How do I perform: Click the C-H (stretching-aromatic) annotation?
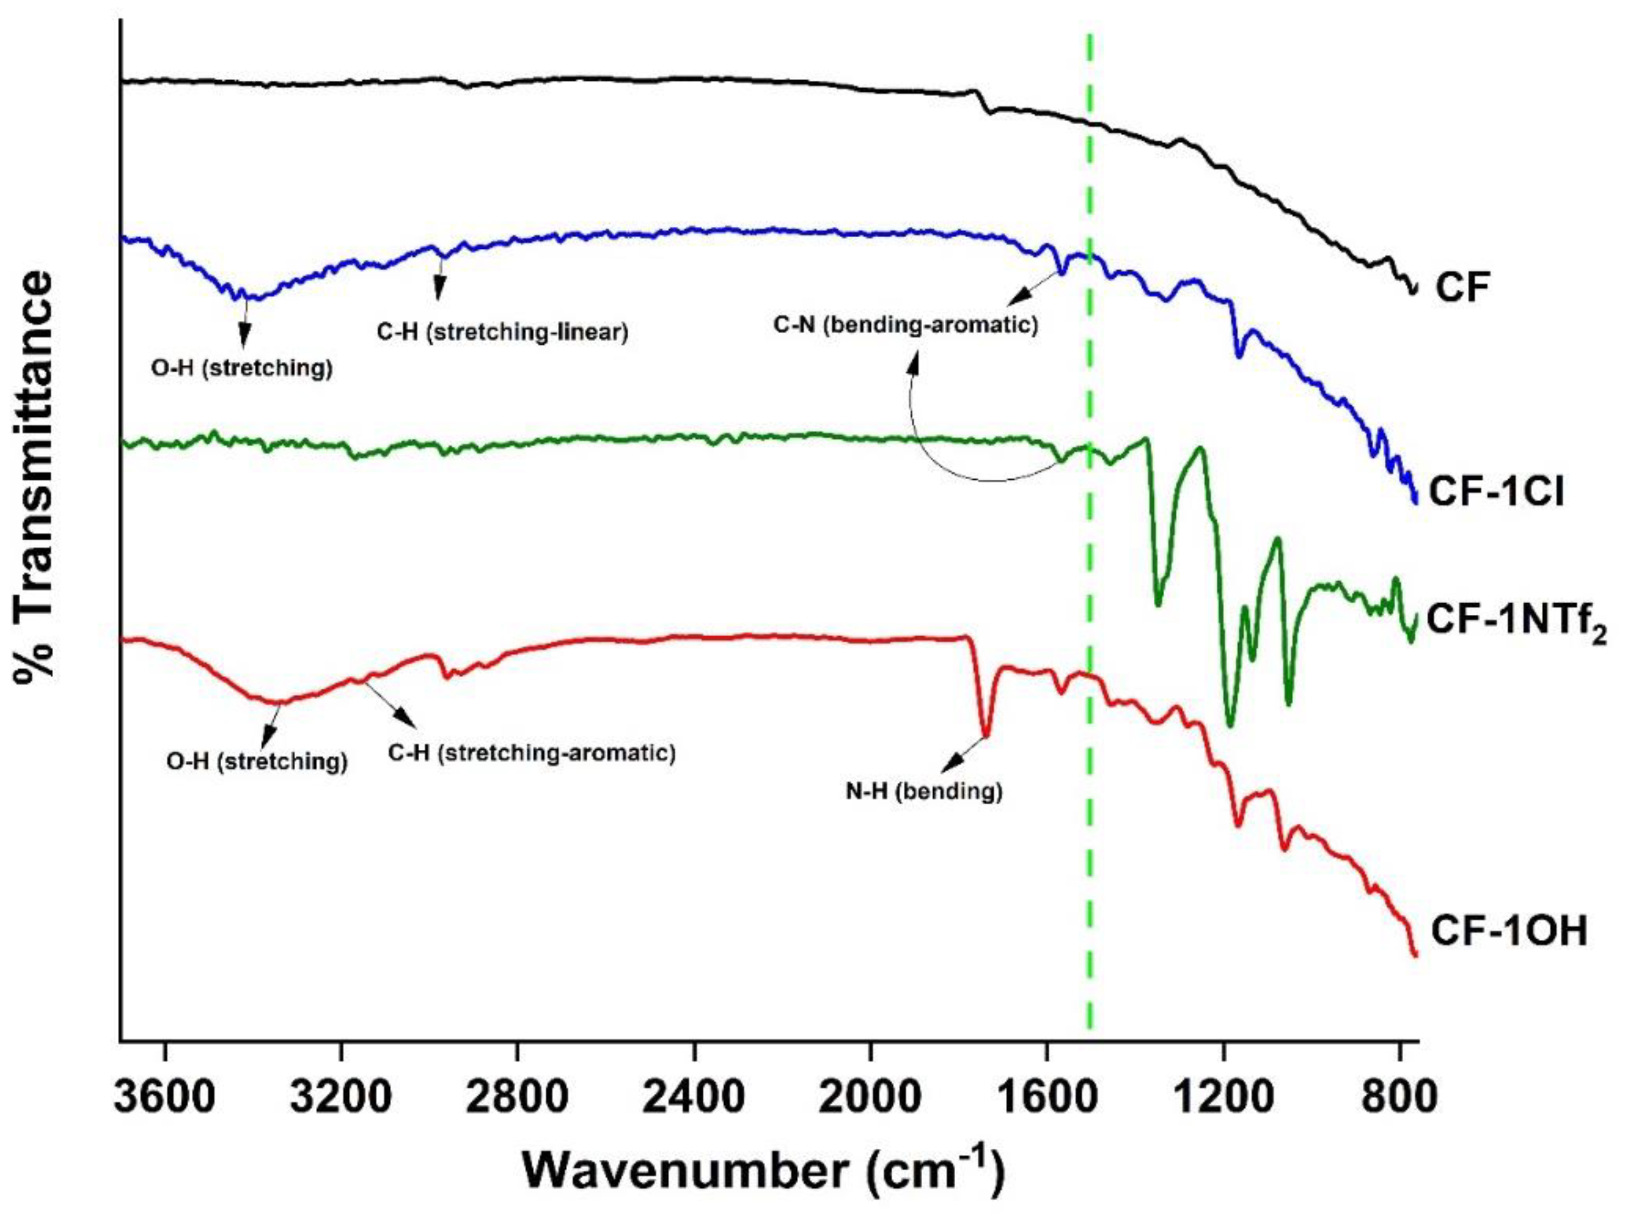[x=532, y=753]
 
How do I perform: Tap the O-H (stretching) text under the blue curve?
[x=242, y=368]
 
